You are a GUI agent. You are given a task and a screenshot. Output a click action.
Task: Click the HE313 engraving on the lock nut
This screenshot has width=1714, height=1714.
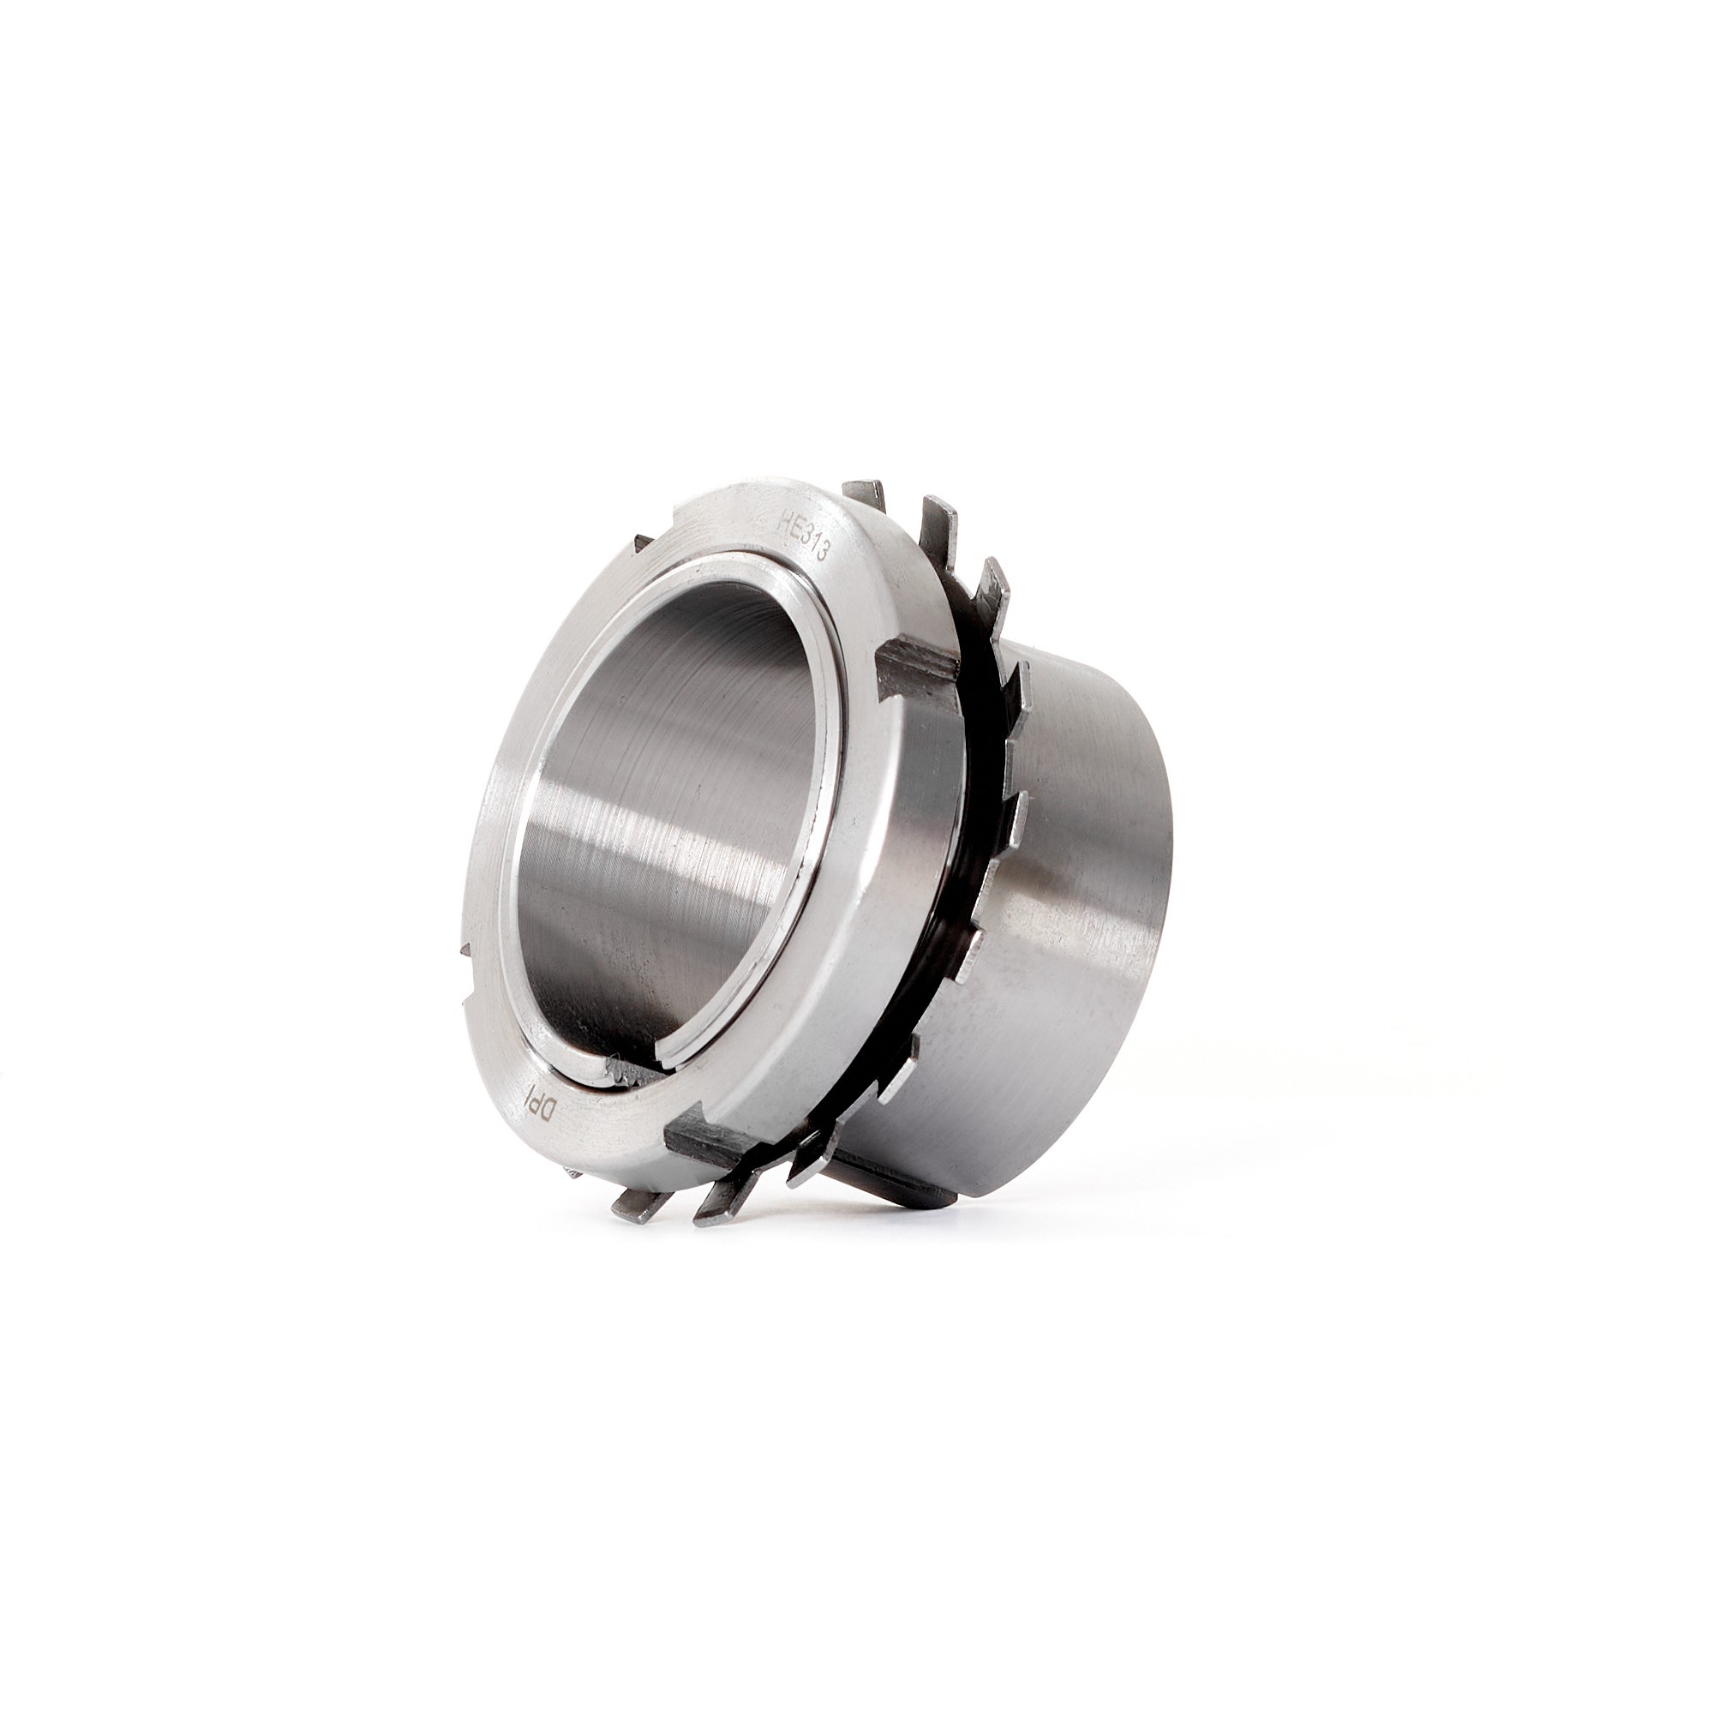[x=802, y=536]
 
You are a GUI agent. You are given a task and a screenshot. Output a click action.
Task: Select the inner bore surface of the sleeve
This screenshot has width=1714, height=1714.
[x=674, y=799]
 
